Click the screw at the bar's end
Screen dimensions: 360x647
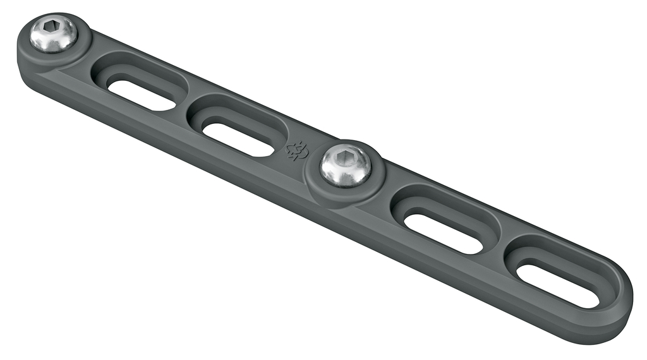coord(53,34)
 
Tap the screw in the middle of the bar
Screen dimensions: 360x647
coord(345,165)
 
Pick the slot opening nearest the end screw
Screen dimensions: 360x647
coord(140,92)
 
